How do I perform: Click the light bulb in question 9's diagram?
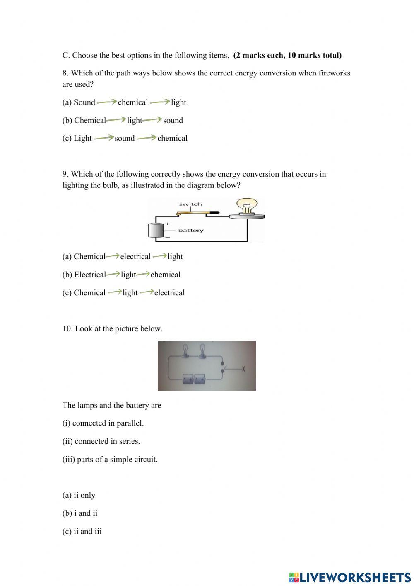pyautogui.click(x=247, y=207)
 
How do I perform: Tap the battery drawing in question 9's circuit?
pyautogui.click(x=156, y=231)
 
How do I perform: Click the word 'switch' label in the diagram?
pyautogui.click(x=190, y=204)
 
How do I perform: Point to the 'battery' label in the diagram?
pyautogui.click(x=191, y=231)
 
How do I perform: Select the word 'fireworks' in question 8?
pyautogui.click(x=334, y=73)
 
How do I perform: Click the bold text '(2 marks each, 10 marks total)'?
pyautogui.click(x=287, y=55)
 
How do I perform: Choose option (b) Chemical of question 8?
pyautogui.click(x=84, y=120)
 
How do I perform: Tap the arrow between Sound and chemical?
pyautogui.click(x=106, y=102)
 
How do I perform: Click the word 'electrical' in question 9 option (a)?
pyautogui.click(x=135, y=256)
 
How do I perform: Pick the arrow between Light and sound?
pyautogui.click(x=103, y=138)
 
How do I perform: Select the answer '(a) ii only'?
pyautogui.click(x=79, y=495)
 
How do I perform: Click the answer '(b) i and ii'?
pyautogui.click(x=80, y=513)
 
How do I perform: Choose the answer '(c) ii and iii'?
pyautogui.click(x=82, y=531)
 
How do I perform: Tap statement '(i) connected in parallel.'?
pyautogui.click(x=103, y=423)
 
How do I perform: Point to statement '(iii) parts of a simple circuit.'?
pyautogui.click(x=110, y=459)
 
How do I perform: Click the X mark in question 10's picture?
pyautogui.click(x=244, y=368)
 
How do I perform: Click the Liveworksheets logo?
pyautogui.click(x=349, y=577)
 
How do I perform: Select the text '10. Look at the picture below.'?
pyautogui.click(x=112, y=328)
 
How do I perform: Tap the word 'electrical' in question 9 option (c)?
pyautogui.click(x=169, y=292)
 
